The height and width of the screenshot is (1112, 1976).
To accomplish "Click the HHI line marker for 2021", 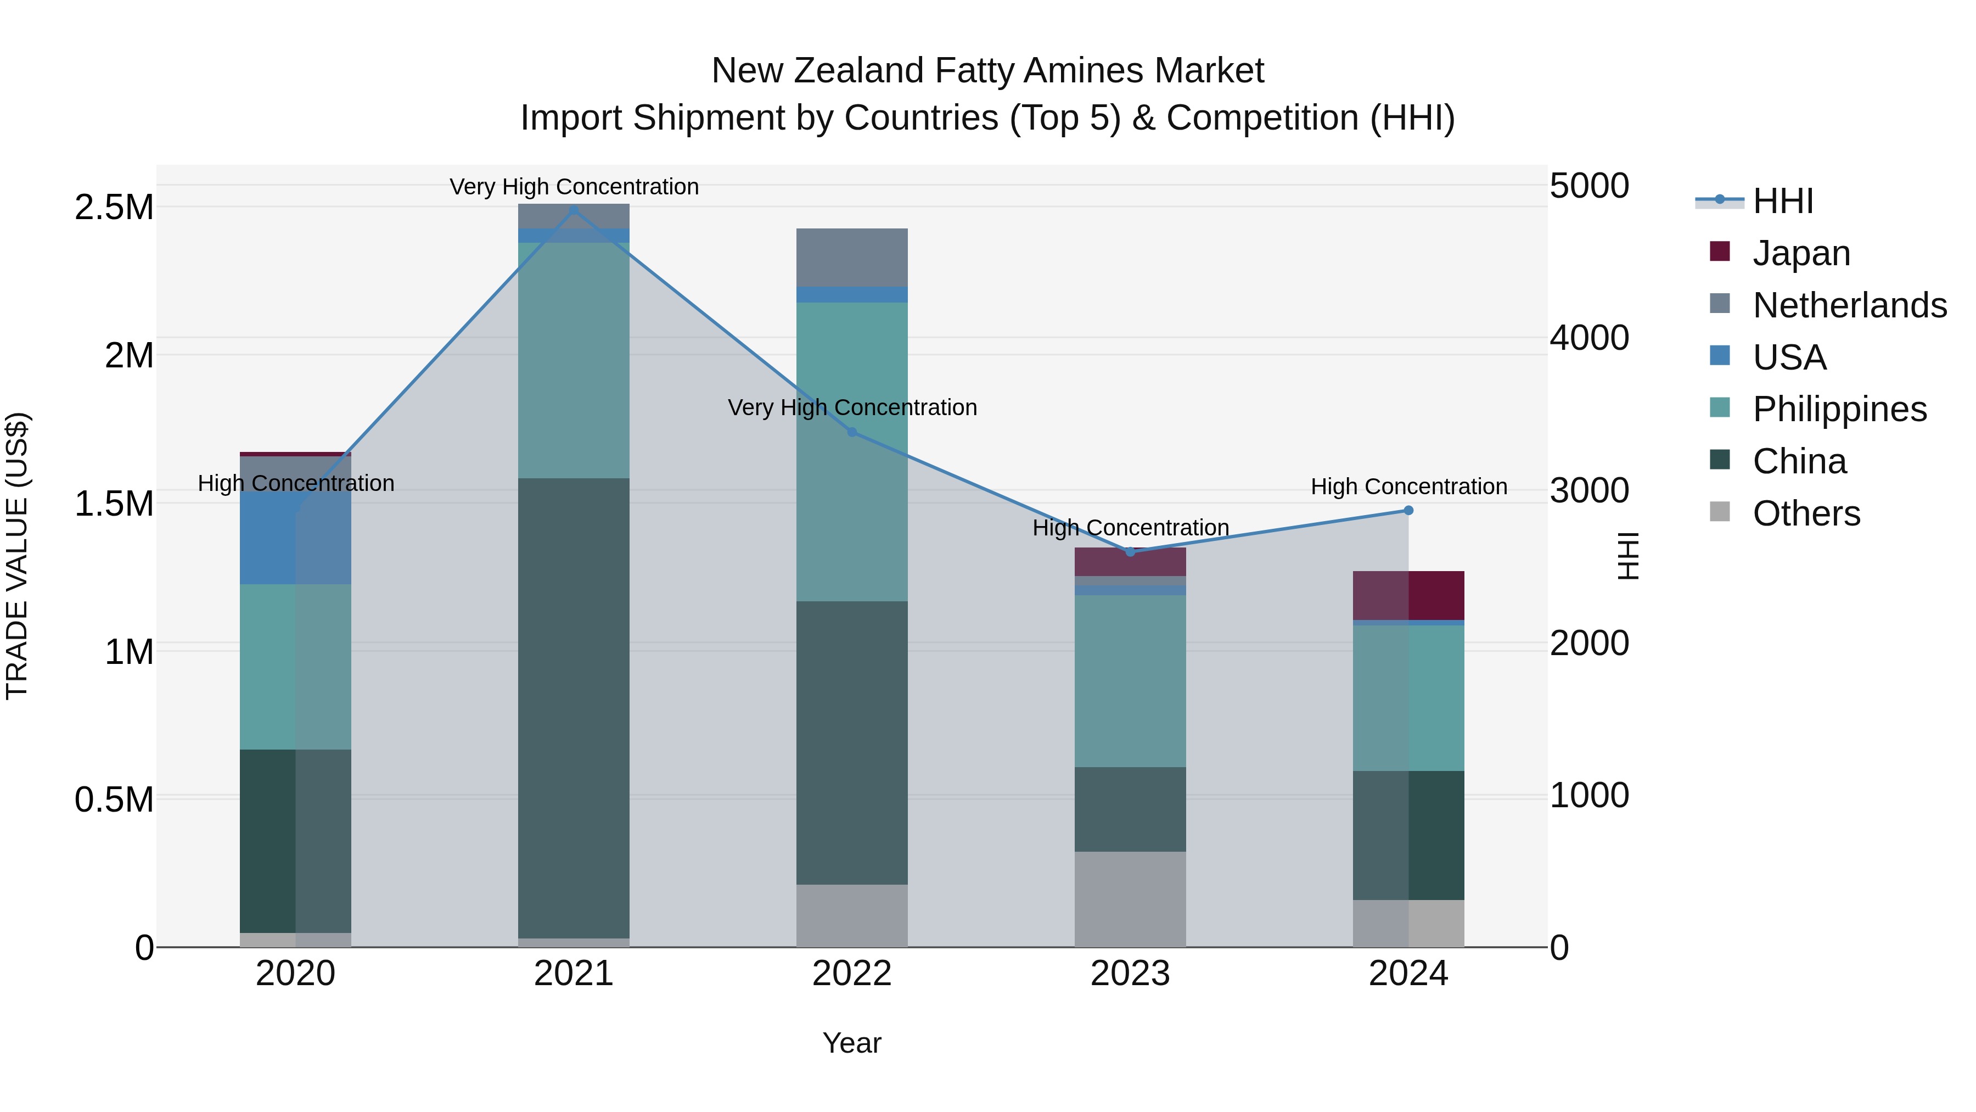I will (x=574, y=210).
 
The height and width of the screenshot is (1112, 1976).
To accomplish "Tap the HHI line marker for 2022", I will (x=851, y=432).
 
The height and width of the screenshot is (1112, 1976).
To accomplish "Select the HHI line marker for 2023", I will (x=1130, y=552).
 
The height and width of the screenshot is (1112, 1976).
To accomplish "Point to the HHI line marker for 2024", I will (x=1408, y=510).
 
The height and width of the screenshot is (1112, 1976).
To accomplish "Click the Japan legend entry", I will (x=1801, y=253).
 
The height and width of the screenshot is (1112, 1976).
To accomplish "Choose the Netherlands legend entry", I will (x=1849, y=305).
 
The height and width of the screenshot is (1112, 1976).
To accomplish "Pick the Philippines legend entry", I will (x=1839, y=409).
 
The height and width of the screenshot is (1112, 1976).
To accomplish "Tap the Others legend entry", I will (x=1806, y=513).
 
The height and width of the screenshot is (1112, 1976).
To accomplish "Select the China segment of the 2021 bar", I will (x=574, y=706).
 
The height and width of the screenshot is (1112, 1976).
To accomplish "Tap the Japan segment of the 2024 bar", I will (x=1408, y=595).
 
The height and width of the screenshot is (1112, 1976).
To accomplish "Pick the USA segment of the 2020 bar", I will (x=295, y=537).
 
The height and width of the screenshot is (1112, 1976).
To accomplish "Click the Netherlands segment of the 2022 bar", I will (x=851, y=257).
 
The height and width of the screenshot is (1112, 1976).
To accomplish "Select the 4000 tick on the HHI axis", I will (x=1588, y=338).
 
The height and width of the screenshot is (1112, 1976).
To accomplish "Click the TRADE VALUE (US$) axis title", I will (x=17, y=556).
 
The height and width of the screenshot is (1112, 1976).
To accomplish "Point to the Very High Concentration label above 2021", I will (x=574, y=187).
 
